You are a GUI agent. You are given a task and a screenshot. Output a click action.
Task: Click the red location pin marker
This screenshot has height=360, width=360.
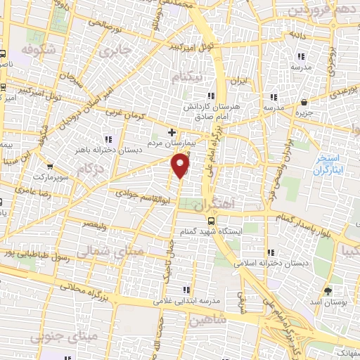(181, 165)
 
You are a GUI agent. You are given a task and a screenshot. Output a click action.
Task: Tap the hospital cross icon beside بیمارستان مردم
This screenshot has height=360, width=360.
(172, 131)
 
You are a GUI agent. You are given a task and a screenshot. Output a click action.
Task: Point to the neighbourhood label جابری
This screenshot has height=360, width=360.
(116, 51)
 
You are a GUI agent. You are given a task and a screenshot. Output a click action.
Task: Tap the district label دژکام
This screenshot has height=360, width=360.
(91, 169)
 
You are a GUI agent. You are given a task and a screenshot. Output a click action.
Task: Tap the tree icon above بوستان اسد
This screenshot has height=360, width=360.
(328, 290)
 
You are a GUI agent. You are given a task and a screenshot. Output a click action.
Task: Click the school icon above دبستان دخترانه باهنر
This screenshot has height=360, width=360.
(108, 139)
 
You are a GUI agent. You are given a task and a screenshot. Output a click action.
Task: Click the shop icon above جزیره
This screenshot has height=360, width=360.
(304, 103)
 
